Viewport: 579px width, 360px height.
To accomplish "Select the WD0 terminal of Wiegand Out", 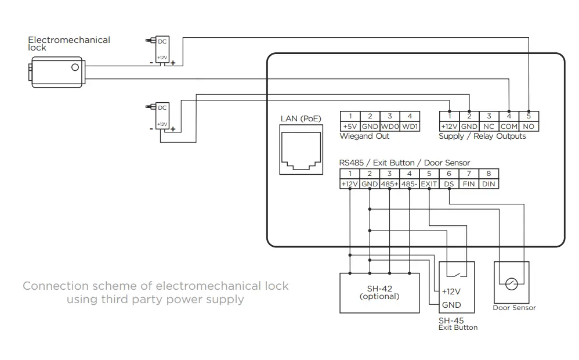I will pos(389,126).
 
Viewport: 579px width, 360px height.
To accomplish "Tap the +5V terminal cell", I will pos(350,126).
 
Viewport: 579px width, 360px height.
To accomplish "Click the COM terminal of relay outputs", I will pos(509,126).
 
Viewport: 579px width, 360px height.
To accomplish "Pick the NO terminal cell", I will pos(529,126).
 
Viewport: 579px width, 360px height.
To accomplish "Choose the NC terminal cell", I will pos(489,126).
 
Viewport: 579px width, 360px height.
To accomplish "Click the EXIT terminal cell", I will pos(429,183).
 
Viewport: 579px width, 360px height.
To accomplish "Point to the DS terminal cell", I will pos(449,183).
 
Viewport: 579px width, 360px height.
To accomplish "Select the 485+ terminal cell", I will pos(389,183).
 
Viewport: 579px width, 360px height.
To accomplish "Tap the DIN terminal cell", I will pos(488,183).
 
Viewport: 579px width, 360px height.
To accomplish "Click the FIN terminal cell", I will pos(469,183).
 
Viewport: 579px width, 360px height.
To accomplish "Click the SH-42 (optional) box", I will pos(379,293).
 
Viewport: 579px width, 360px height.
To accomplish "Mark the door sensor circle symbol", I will pos(511,284).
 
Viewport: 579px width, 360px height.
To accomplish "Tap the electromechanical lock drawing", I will pos(57,71).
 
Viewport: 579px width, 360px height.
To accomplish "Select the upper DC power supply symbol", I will pos(161,51).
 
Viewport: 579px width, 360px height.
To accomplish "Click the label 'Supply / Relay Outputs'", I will pos(482,136).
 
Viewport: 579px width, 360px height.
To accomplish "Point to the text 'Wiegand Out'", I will pos(364,136).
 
